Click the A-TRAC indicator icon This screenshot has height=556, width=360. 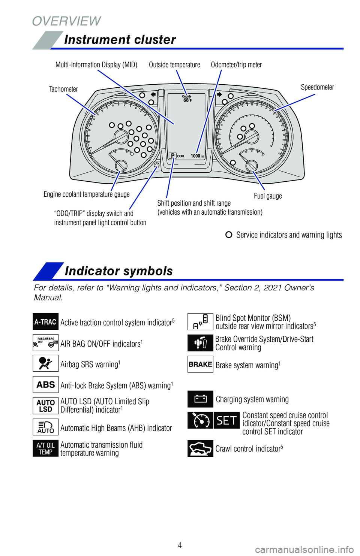point(45,321)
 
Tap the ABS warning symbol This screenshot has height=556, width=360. point(45,384)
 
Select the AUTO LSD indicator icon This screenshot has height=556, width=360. point(45,406)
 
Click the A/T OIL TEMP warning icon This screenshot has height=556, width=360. point(45,448)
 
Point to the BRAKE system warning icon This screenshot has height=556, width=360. point(200,364)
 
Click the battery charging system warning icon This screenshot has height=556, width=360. point(200,399)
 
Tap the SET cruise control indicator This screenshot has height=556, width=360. point(226,420)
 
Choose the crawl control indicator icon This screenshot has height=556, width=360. point(200,448)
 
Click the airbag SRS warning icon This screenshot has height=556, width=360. point(45,363)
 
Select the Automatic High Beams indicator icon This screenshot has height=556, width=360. point(45,427)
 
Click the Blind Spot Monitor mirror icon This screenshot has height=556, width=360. point(200,321)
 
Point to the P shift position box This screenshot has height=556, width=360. point(172,155)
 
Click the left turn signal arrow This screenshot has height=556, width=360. point(153,94)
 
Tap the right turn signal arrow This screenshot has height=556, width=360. point(219,94)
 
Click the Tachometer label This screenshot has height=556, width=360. point(63,89)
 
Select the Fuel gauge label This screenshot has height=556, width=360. point(268,196)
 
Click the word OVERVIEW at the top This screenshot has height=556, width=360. point(66,21)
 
